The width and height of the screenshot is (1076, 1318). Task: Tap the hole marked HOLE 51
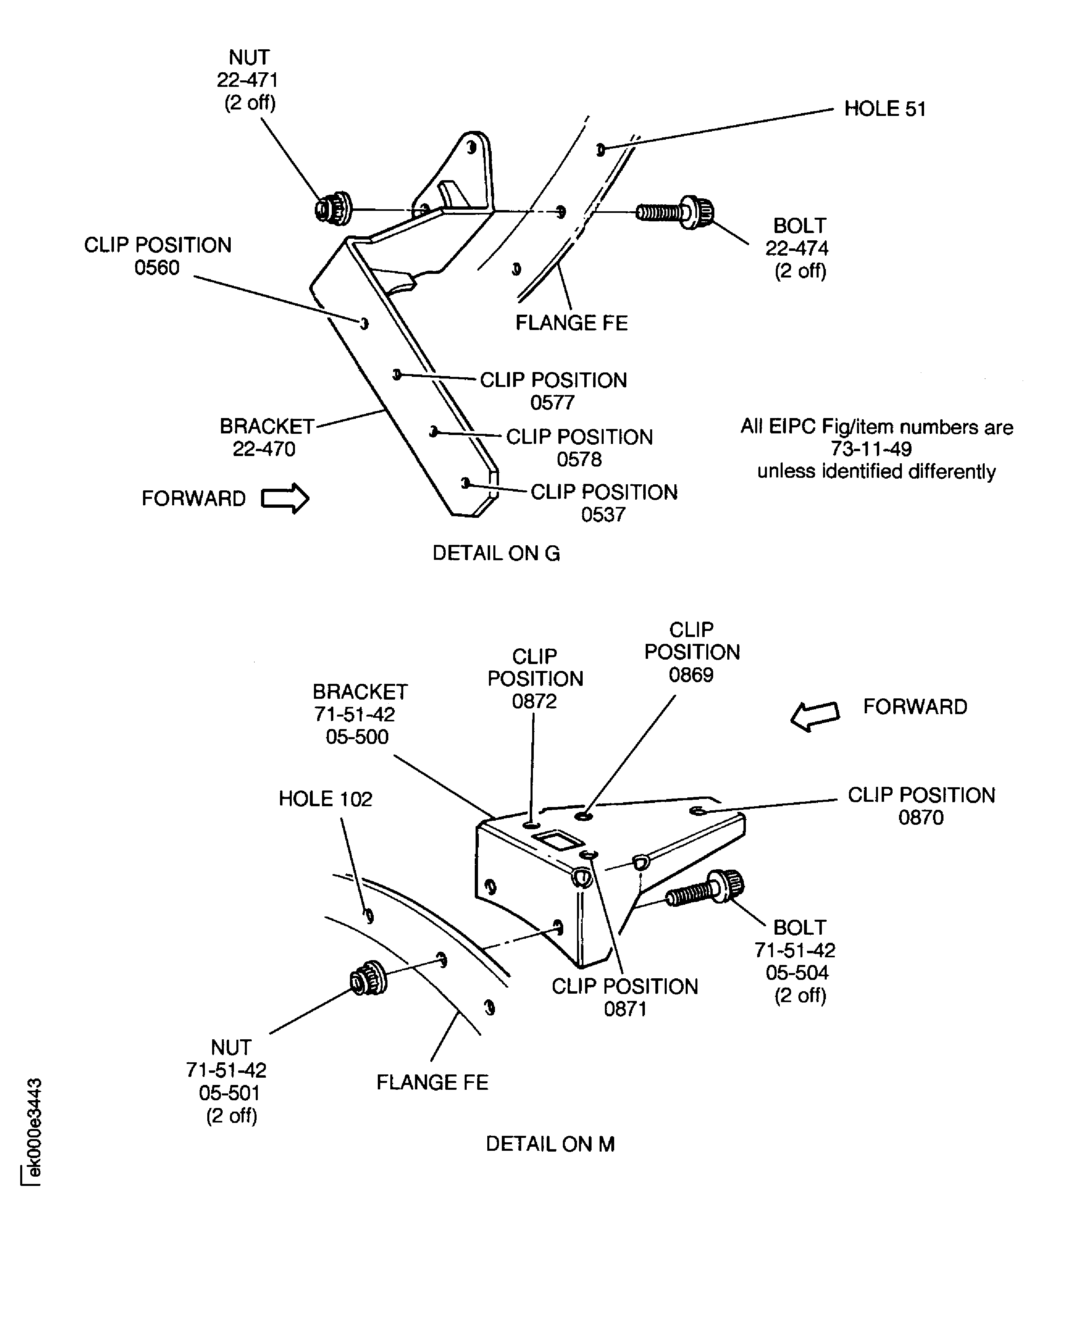600,149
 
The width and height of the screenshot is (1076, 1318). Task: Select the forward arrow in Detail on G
284,498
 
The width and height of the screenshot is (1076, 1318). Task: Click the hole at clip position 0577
397,374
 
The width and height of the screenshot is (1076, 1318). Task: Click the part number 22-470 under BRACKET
264,449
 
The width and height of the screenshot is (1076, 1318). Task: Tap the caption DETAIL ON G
496,553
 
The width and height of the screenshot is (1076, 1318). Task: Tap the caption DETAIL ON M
550,1144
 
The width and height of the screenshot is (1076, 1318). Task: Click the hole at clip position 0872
531,825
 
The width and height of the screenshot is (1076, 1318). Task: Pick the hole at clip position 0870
697,811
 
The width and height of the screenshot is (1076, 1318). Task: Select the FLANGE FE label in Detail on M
432,1082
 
